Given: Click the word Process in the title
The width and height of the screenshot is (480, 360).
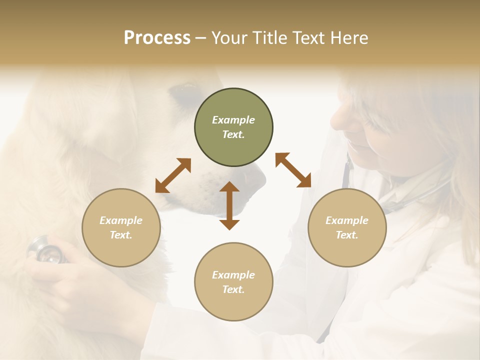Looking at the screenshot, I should [x=157, y=38].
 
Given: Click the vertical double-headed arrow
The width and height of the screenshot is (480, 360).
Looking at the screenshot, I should [x=229, y=205].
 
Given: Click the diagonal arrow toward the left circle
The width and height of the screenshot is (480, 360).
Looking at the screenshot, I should [x=173, y=175].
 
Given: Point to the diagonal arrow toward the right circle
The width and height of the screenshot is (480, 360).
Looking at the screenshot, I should [x=293, y=170].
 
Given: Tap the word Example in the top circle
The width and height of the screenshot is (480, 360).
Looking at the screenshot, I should [x=233, y=120].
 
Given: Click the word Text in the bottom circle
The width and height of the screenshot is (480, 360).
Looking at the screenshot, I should [x=233, y=289].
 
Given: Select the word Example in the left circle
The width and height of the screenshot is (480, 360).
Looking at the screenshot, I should [x=121, y=220].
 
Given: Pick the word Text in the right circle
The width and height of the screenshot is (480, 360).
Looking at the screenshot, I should [x=347, y=235].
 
